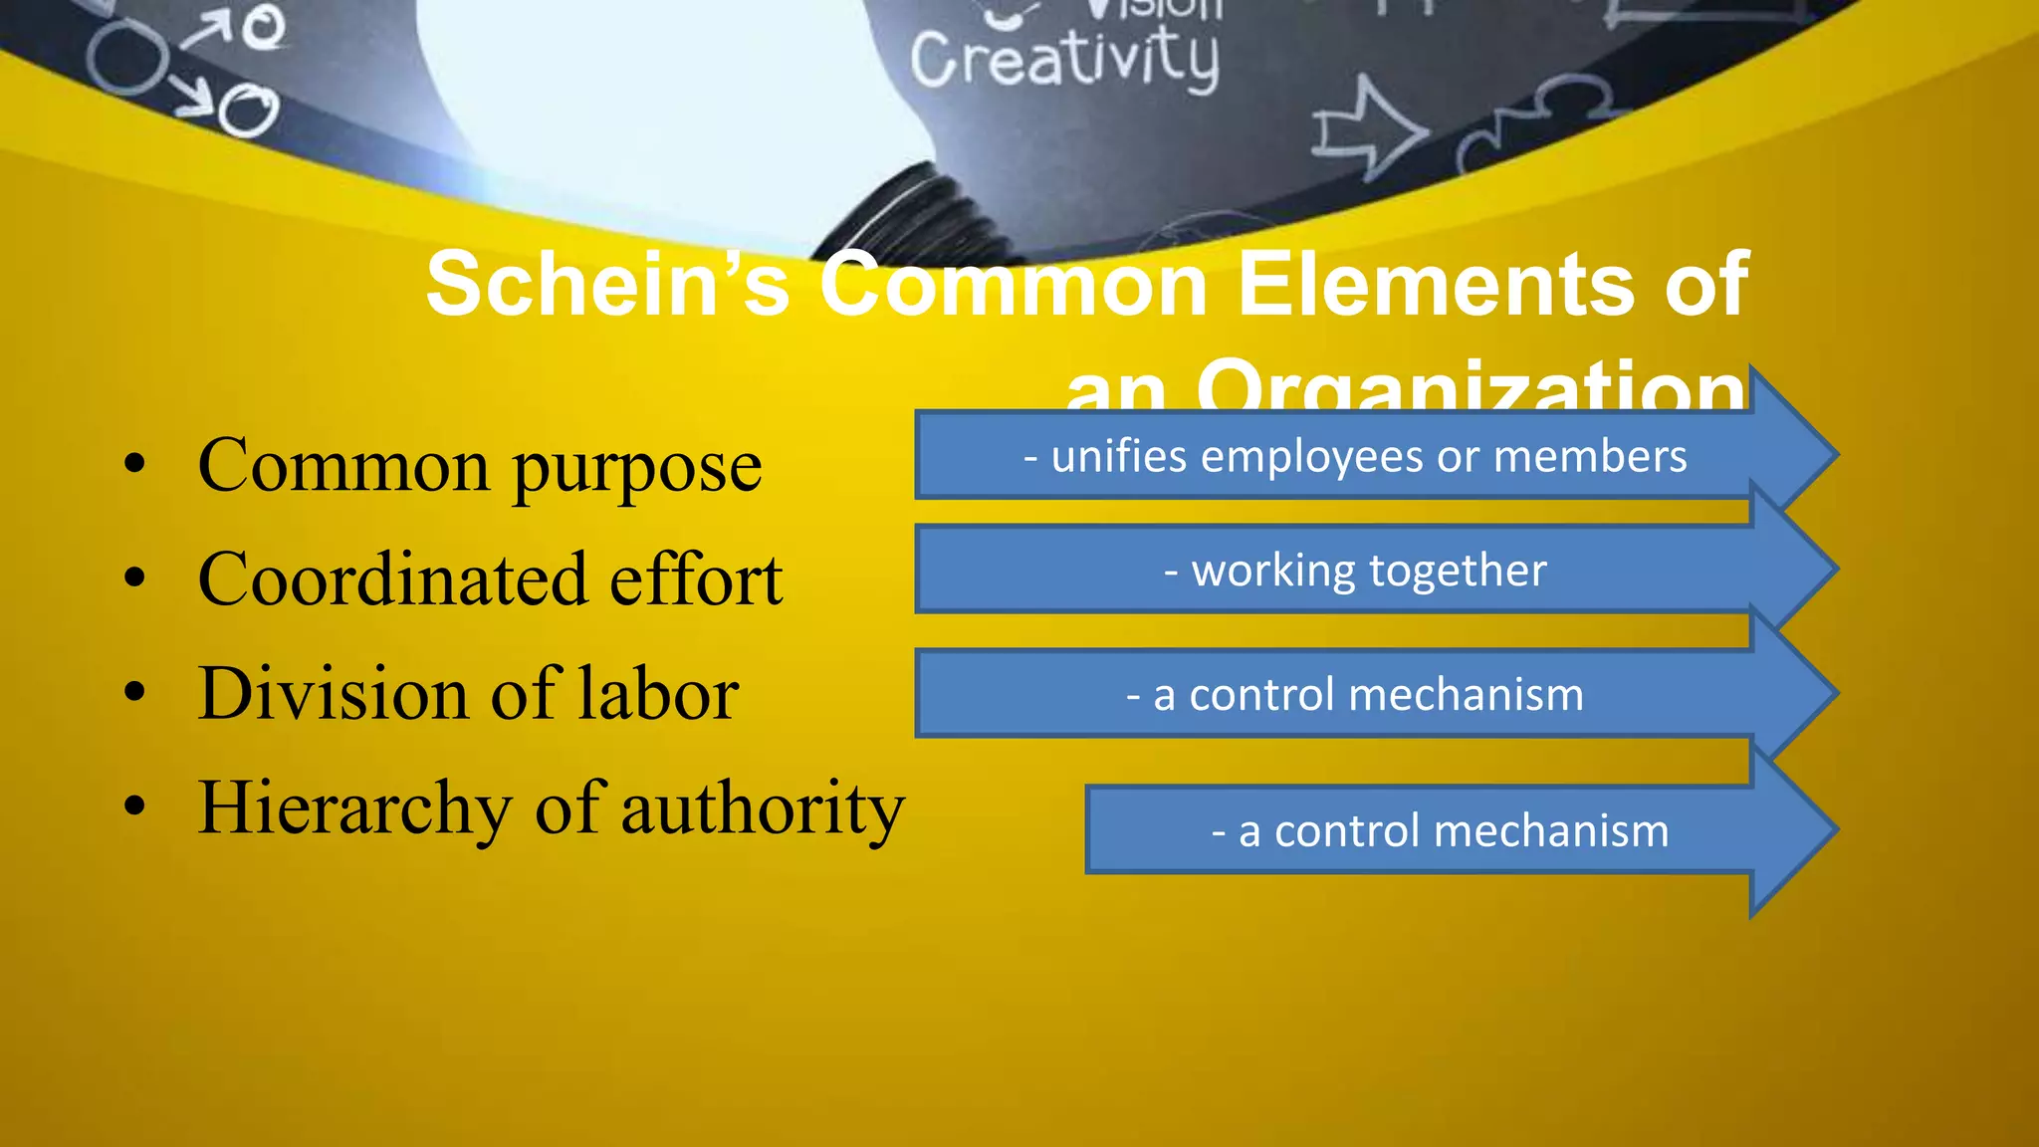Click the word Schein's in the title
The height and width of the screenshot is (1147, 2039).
(607, 286)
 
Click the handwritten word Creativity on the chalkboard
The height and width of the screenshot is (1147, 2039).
(1063, 60)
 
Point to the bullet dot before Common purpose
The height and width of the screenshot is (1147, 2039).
(135, 465)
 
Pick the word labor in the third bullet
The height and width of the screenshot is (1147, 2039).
(658, 693)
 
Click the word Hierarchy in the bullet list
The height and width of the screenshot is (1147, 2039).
(354, 807)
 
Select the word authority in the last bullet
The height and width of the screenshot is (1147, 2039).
(763, 809)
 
